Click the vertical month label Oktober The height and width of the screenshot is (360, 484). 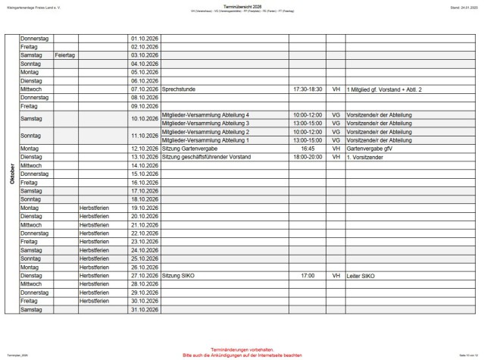tap(12, 174)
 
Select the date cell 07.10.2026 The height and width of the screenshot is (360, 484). tap(144, 89)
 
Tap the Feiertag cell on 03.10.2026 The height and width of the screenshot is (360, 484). tap(65, 55)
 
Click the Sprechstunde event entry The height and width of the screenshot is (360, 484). tap(180, 89)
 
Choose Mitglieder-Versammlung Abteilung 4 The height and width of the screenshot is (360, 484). tap(206, 114)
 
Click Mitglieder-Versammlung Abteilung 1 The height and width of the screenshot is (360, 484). tap(206, 140)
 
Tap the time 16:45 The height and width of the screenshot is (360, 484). tap(307, 149)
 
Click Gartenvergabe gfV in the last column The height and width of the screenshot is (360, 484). tap(370, 149)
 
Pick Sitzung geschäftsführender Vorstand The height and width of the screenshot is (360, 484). tap(207, 157)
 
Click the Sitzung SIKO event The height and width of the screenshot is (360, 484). tap(179, 276)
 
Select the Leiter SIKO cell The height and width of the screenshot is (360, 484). tap(361, 276)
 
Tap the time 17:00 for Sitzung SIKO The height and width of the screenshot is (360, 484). tap(307, 276)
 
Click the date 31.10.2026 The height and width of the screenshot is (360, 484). tap(144, 309)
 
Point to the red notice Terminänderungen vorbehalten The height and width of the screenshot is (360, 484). tap(242, 349)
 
